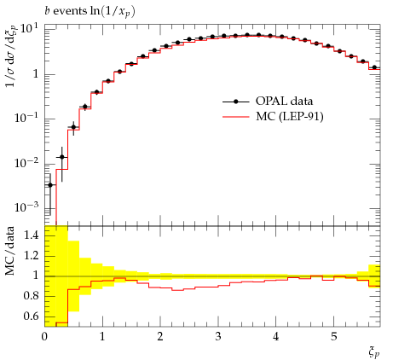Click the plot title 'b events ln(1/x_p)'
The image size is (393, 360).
click(x=90, y=12)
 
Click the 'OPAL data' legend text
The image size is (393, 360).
click(x=284, y=102)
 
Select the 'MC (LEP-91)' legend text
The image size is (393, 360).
click(x=290, y=116)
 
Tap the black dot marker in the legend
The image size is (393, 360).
click(x=235, y=102)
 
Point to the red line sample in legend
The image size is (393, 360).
click(x=235, y=117)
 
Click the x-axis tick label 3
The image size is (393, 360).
click(x=218, y=336)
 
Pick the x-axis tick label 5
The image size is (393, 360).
click(x=333, y=336)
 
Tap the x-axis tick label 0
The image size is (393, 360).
click(x=44, y=336)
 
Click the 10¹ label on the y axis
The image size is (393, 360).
click(x=29, y=29)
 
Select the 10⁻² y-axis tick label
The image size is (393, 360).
click(x=26, y=163)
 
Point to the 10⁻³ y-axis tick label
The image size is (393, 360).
click(x=26, y=207)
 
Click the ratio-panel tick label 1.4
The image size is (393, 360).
click(x=32, y=235)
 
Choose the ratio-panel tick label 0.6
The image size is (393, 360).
click(x=32, y=316)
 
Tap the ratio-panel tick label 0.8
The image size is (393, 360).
click(x=32, y=296)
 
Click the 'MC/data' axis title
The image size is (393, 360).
click(x=9, y=251)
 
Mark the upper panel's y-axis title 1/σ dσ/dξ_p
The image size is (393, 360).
click(x=11, y=56)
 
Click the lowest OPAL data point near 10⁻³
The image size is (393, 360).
click(x=50, y=185)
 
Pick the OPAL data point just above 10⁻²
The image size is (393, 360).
click(x=62, y=157)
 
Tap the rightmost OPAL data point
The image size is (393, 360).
click(x=374, y=67)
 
